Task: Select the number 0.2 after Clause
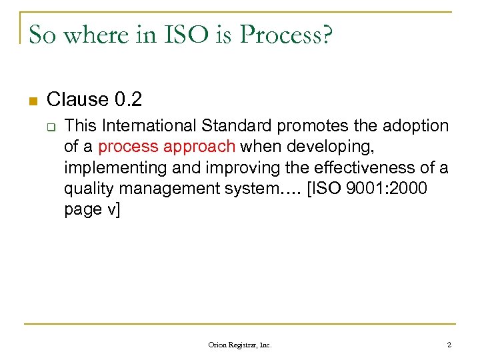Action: pos(129,100)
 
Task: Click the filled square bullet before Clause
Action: pos(32,101)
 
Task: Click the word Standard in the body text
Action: pos(237,125)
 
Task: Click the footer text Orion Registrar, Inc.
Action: pos(240,345)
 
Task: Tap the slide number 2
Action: pos(449,345)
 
